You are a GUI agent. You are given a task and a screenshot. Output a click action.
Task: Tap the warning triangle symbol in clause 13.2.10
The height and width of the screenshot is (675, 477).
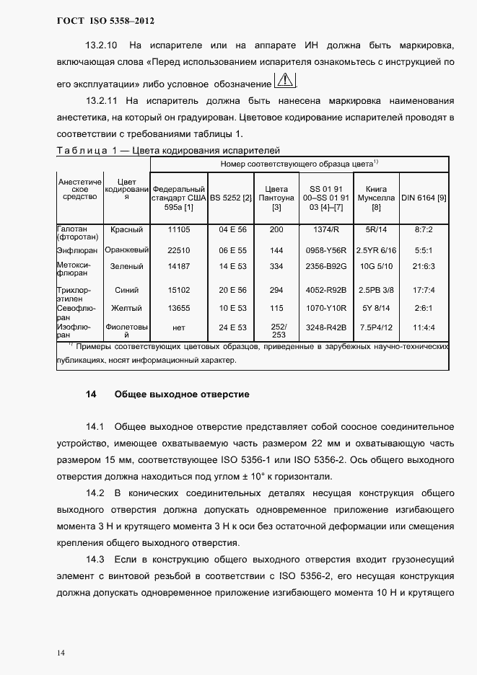pos(286,79)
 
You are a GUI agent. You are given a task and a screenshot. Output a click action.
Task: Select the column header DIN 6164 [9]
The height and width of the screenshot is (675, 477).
pos(424,197)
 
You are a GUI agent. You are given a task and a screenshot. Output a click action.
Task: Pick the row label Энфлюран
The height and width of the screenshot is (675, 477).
pos(76,250)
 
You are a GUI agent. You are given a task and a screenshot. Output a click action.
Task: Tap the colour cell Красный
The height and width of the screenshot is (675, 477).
pos(127,229)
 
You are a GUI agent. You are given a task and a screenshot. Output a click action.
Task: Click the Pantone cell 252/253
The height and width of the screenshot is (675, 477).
pos(276,331)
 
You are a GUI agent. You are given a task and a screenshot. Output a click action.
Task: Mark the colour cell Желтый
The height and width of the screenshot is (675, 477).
pos(127,308)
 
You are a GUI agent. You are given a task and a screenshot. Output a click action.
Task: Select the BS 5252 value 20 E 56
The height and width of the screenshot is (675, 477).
pos(232,290)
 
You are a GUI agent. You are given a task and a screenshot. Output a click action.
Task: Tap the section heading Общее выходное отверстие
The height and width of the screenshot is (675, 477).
pos(182,394)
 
